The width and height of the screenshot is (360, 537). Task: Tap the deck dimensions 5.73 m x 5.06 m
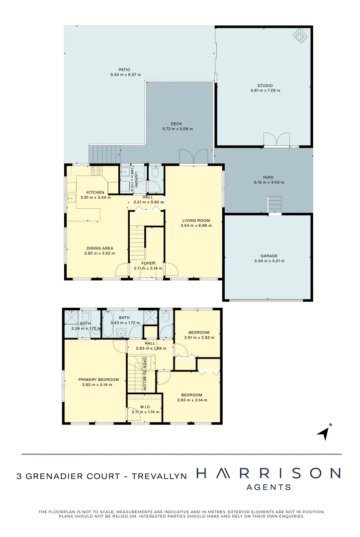(178, 129)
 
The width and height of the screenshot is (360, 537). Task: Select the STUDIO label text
(266, 86)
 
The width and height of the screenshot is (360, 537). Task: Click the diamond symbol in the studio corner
(300, 35)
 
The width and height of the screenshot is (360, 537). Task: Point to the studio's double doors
(276, 140)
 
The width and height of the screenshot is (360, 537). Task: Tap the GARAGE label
(268, 256)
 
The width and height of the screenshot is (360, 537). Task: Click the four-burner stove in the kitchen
(96, 171)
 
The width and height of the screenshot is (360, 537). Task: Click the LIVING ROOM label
(195, 220)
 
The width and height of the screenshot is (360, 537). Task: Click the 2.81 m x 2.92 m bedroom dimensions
(198, 338)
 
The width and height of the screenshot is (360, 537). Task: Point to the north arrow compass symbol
(324, 432)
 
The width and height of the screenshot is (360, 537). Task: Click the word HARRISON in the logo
(269, 473)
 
